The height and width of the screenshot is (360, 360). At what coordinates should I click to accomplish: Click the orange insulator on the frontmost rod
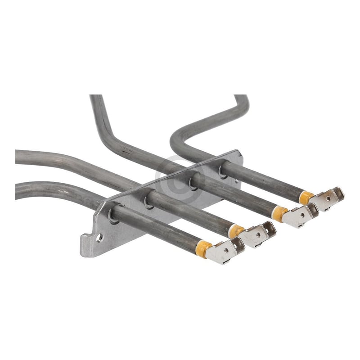pyautogui.click(x=204, y=248)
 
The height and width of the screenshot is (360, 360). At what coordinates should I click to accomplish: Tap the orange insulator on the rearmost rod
pyautogui.click(x=306, y=197)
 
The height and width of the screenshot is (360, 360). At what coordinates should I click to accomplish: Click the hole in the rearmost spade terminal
pyautogui.click(x=328, y=198)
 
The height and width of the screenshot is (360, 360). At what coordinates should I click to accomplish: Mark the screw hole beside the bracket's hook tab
pyautogui.click(x=99, y=237)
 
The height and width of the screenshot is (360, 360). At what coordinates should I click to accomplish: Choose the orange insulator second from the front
pyautogui.click(x=236, y=231)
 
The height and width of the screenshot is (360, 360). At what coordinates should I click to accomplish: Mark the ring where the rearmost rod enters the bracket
pyautogui.click(x=222, y=172)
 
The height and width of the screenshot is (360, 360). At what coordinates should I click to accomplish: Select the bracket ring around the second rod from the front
pyautogui.click(x=148, y=202)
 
